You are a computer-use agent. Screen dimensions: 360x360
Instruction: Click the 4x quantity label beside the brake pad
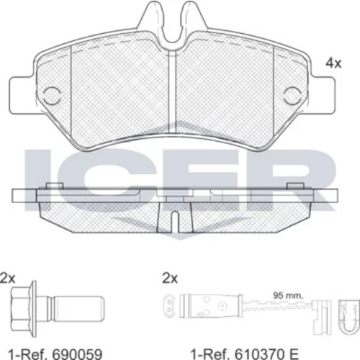(x=333, y=63)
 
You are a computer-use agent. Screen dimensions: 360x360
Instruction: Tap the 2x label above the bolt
(x=8, y=278)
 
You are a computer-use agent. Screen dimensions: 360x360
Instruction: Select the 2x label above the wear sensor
(x=170, y=279)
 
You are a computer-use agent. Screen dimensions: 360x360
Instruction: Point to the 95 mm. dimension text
(x=288, y=295)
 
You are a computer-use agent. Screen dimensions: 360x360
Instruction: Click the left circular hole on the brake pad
(x=52, y=96)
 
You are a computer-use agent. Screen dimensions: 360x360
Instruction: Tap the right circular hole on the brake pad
(x=292, y=96)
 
